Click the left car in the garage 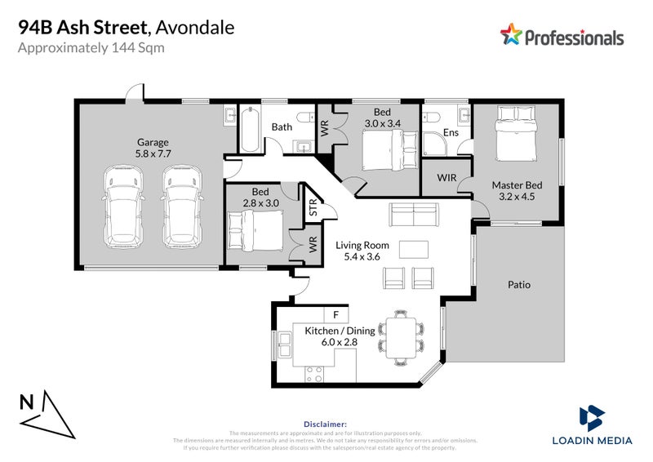coord(120,206)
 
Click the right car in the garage coord(181,206)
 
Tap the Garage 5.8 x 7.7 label coord(153,147)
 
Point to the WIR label coord(446,176)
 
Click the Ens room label coord(451,131)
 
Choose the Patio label coord(519,285)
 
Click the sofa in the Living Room coord(413,215)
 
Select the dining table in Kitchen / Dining coord(401,336)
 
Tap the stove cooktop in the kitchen coord(314,375)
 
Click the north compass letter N coord(27,402)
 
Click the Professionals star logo coord(510,34)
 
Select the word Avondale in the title coord(197,27)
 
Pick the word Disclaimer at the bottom coord(325,424)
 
